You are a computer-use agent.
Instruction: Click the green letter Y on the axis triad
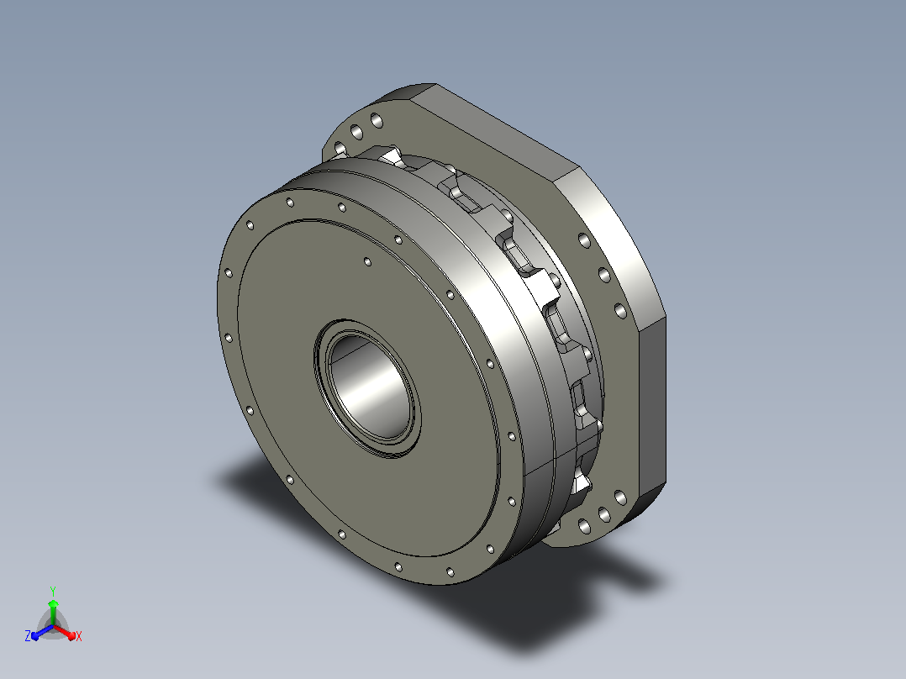[53, 591]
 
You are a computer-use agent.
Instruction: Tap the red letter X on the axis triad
[79, 636]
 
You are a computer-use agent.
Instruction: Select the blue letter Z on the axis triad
[28, 636]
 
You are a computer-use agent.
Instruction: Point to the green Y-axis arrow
[53, 612]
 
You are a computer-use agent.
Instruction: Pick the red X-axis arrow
[65, 632]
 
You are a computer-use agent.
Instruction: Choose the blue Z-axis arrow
[42, 632]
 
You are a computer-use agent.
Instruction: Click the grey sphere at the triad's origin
[53, 626]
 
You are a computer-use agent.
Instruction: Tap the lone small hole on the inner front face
[367, 262]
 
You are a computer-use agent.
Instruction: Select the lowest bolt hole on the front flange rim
[450, 572]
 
